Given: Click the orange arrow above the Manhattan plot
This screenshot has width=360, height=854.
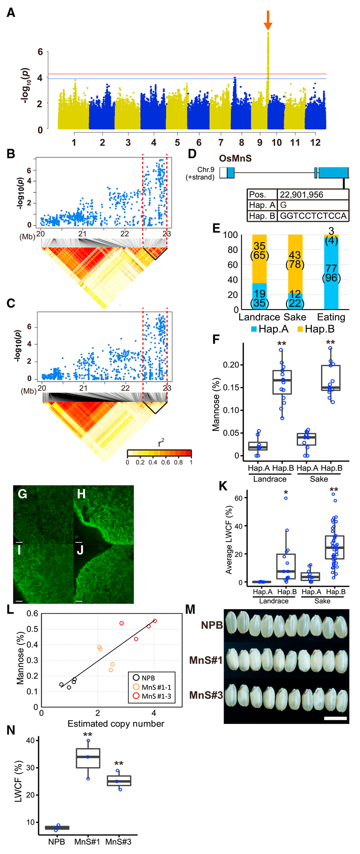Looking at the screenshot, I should pyautogui.click(x=268, y=20).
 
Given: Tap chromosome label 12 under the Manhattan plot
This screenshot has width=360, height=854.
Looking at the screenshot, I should pyautogui.click(x=315, y=142).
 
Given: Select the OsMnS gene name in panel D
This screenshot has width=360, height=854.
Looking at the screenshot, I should pyautogui.click(x=235, y=158).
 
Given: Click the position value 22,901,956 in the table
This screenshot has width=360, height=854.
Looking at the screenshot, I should pyautogui.click(x=302, y=195).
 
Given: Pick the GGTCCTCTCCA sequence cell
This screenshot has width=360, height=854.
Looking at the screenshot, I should pyautogui.click(x=313, y=216).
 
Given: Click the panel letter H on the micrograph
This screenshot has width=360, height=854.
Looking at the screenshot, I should pyautogui.click(x=81, y=494).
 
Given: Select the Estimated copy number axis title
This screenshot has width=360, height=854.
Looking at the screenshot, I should pyautogui.click(x=116, y=724).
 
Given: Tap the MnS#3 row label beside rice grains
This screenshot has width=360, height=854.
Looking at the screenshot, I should pyautogui.click(x=206, y=695).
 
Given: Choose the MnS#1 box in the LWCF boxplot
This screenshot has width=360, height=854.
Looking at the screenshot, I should pyautogui.click(x=88, y=758).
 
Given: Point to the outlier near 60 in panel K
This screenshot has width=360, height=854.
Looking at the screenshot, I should pyautogui.click(x=286, y=498).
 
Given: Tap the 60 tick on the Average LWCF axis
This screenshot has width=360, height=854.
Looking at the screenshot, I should pyautogui.click(x=238, y=498).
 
